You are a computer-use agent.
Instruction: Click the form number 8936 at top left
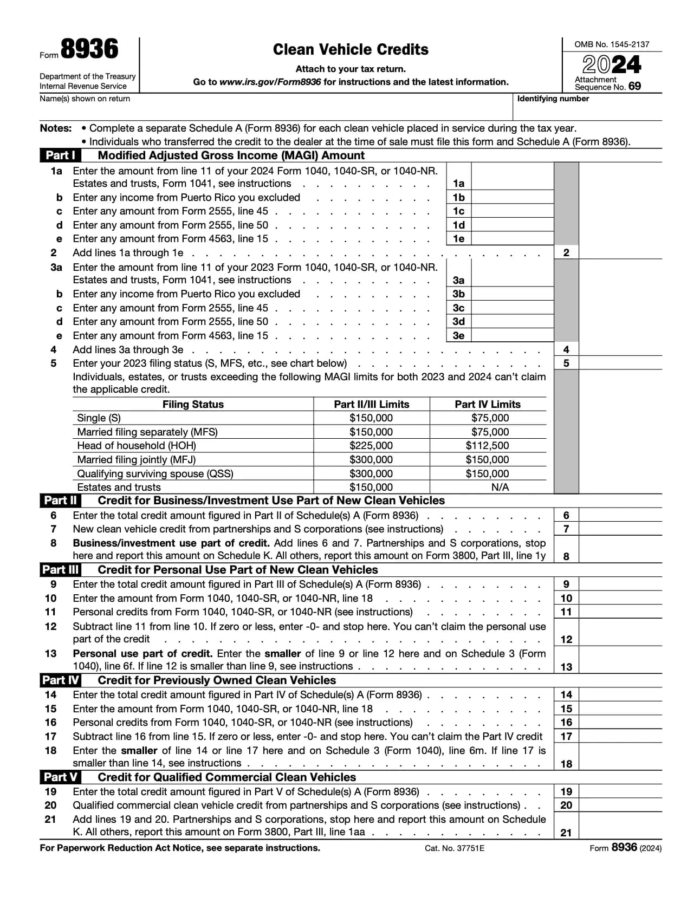[x=89, y=49]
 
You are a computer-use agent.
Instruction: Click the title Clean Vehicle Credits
[x=350, y=49]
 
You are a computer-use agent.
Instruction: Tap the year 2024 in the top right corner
[x=612, y=65]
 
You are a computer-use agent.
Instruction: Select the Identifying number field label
[x=553, y=99]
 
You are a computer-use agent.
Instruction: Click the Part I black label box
[x=60, y=155]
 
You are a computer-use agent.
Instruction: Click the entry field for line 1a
[x=512, y=183]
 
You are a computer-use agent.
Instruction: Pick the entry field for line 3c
[x=512, y=308]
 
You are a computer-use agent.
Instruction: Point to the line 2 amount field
[x=620, y=252]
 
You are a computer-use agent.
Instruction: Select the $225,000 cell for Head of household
[x=371, y=445]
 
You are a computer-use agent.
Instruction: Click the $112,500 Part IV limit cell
[x=487, y=445]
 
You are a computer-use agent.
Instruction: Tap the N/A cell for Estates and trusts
[x=500, y=487]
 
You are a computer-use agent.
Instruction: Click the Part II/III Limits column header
[x=371, y=404]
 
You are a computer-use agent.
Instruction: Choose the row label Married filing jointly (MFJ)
[x=137, y=459]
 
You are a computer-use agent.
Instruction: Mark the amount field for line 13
[x=620, y=666]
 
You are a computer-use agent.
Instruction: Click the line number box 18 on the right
[x=566, y=764]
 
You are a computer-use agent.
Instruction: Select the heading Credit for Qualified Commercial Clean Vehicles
[x=226, y=777]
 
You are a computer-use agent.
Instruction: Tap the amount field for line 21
[x=620, y=832]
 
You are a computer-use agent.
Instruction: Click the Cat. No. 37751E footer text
[x=454, y=848]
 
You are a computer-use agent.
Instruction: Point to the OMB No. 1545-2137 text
[x=611, y=44]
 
